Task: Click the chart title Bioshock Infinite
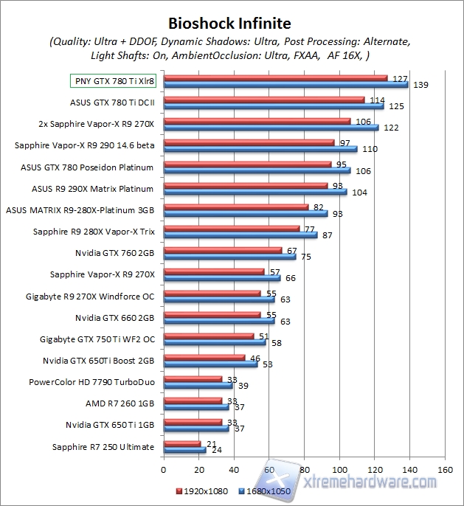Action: (x=229, y=24)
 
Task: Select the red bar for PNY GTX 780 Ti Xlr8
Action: (x=275, y=77)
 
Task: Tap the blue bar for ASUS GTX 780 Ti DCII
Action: (x=273, y=106)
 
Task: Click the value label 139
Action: (x=421, y=86)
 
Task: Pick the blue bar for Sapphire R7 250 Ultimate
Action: (x=184, y=450)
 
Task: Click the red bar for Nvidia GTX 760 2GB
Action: (x=222, y=250)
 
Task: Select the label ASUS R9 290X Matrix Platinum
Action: (x=93, y=189)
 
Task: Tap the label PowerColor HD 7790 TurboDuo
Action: (x=91, y=382)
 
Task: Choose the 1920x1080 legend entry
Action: (x=202, y=491)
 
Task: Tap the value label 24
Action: (x=218, y=450)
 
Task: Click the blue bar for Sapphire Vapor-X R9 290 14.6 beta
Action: (x=260, y=149)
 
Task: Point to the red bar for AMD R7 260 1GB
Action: (x=193, y=401)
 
